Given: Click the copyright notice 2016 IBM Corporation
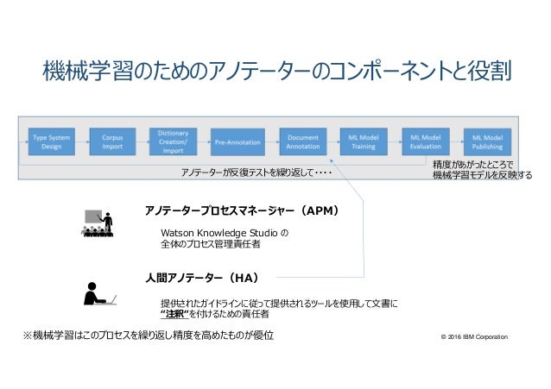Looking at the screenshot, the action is pyautogui.click(x=474, y=336).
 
